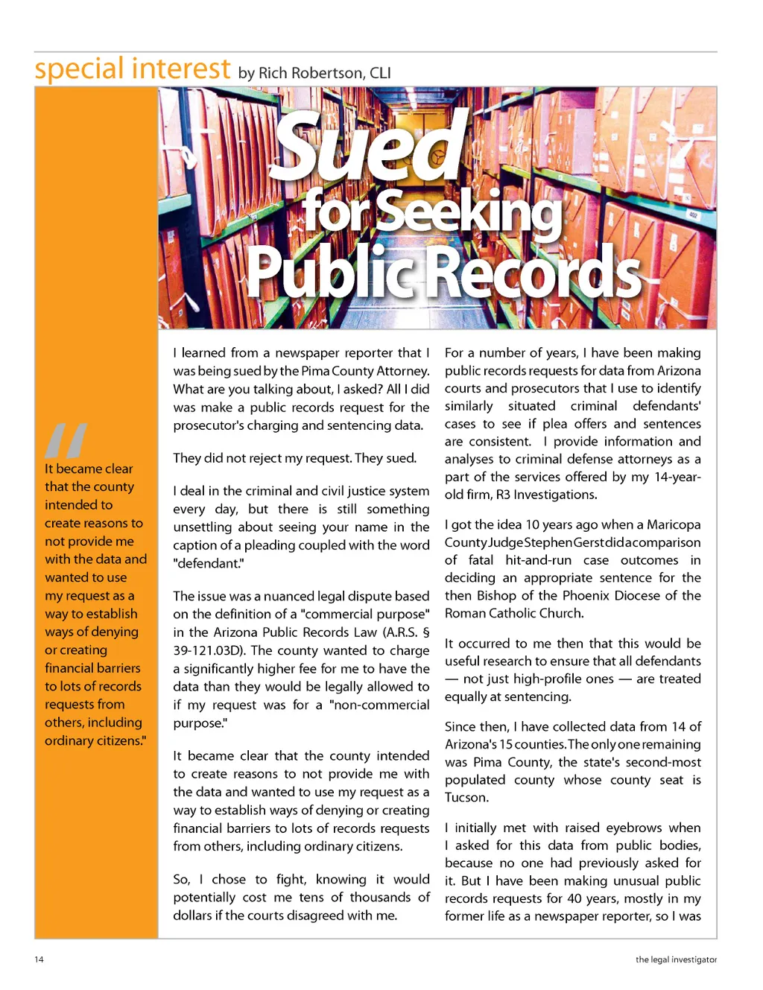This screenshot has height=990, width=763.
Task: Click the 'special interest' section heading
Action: pyautogui.click(x=133, y=69)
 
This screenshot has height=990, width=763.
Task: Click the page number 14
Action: pyautogui.click(x=39, y=959)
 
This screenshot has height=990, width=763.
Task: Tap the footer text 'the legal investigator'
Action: pyautogui.click(x=676, y=959)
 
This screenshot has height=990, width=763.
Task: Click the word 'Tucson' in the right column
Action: pyautogui.click(x=466, y=798)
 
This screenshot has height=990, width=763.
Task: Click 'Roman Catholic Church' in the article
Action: pyautogui.click(x=513, y=613)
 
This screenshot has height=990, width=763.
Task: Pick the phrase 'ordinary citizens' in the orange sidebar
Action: pyautogui.click(x=95, y=740)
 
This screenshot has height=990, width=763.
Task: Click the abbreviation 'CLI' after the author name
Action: pyautogui.click(x=380, y=73)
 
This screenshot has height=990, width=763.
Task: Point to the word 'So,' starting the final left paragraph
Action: pyautogui.click(x=182, y=880)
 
